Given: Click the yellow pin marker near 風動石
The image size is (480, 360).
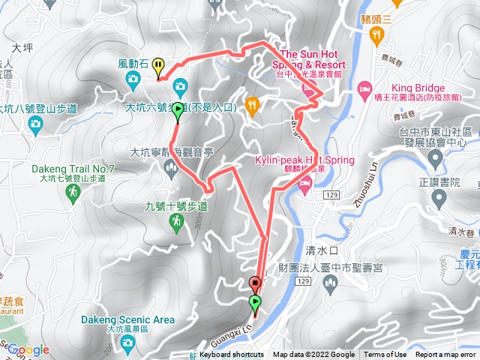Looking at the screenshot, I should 157,67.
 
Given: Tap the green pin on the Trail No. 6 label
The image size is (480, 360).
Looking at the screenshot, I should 177,111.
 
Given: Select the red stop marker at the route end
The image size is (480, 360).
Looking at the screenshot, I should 254,283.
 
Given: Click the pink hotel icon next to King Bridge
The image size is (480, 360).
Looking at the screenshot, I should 364,89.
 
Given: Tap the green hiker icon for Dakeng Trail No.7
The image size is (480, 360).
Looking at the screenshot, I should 73,194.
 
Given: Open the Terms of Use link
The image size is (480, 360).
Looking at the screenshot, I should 385,355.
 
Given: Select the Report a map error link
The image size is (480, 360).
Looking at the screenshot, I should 446,355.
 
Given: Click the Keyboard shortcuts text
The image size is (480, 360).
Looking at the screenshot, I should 225,355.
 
